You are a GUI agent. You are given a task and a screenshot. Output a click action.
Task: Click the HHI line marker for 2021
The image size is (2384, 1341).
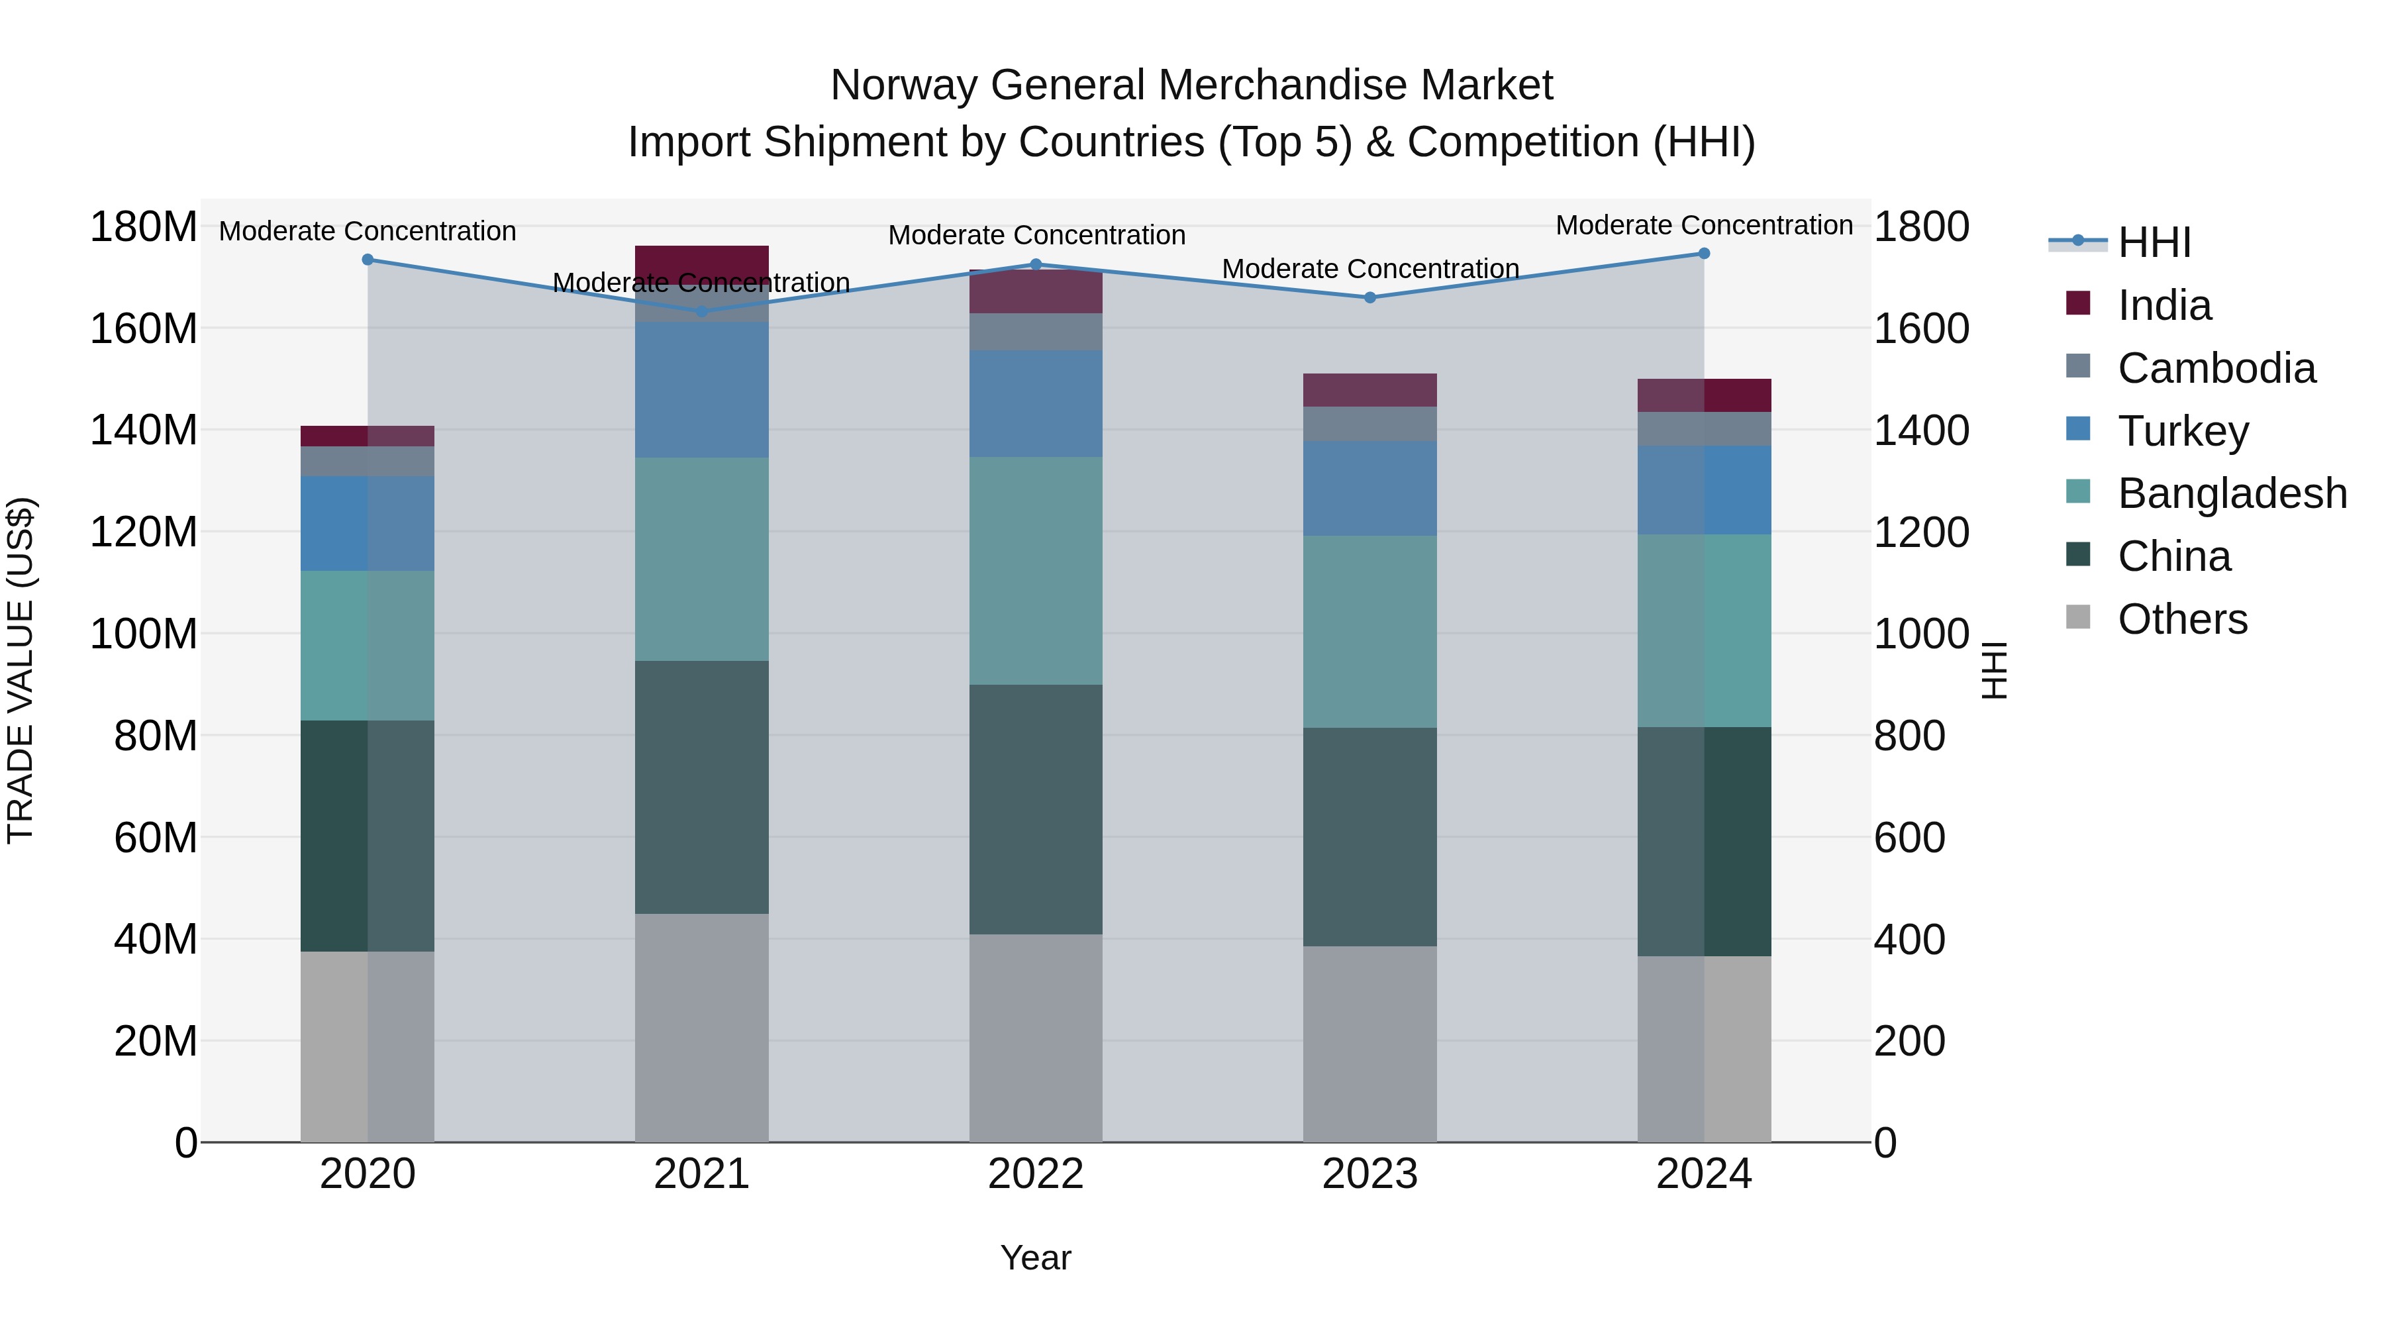click(701, 311)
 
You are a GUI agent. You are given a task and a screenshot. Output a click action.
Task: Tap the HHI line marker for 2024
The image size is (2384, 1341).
click(1704, 254)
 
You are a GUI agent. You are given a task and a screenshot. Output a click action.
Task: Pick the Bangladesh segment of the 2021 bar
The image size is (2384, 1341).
click(701, 559)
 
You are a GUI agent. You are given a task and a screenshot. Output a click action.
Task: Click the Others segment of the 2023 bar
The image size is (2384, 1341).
click(1369, 1044)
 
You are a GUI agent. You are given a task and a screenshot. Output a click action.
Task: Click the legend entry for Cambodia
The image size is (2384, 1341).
click(2216, 368)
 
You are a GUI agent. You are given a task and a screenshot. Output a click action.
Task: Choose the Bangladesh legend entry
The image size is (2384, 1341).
click(2231, 493)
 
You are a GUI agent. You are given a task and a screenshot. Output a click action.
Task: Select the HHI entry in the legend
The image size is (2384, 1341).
click(2154, 242)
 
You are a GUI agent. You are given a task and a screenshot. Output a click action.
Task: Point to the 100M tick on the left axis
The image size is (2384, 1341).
click(144, 634)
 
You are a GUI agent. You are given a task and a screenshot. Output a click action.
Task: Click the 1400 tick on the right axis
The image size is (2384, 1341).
click(1921, 430)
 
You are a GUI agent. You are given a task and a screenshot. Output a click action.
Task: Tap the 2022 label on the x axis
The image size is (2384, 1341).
click(1036, 1174)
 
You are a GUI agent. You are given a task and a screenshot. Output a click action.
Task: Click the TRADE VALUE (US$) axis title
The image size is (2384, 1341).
click(21, 670)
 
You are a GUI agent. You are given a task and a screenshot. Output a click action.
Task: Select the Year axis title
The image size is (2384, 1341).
click(1036, 1258)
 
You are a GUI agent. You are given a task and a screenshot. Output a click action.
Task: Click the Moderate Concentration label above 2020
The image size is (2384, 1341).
click(368, 230)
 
